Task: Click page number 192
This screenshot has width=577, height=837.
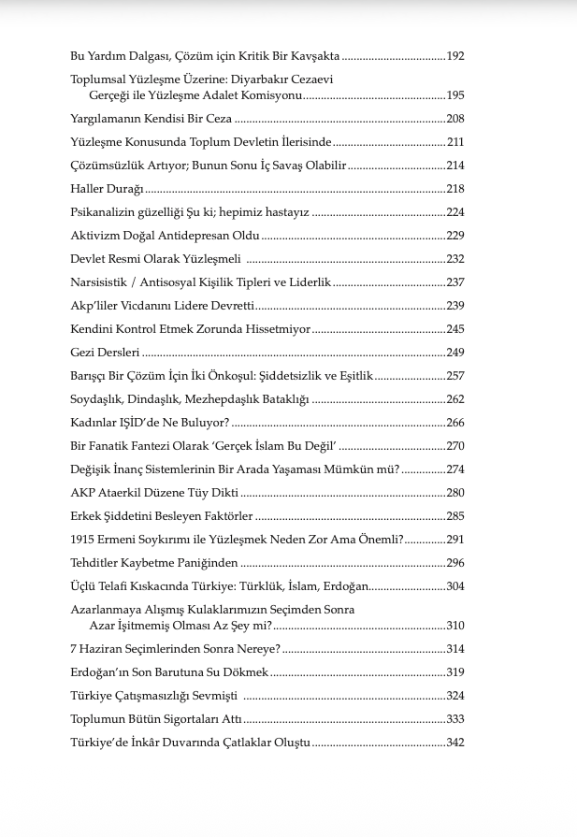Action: (x=455, y=56)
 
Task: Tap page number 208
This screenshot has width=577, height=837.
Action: (x=455, y=119)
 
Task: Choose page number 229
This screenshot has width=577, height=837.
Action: (x=455, y=236)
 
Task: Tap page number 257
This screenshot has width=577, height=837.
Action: (x=455, y=376)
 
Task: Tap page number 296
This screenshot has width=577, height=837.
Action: (x=455, y=563)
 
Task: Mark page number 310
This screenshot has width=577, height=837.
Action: (x=455, y=626)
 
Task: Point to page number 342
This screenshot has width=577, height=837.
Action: (x=455, y=743)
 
